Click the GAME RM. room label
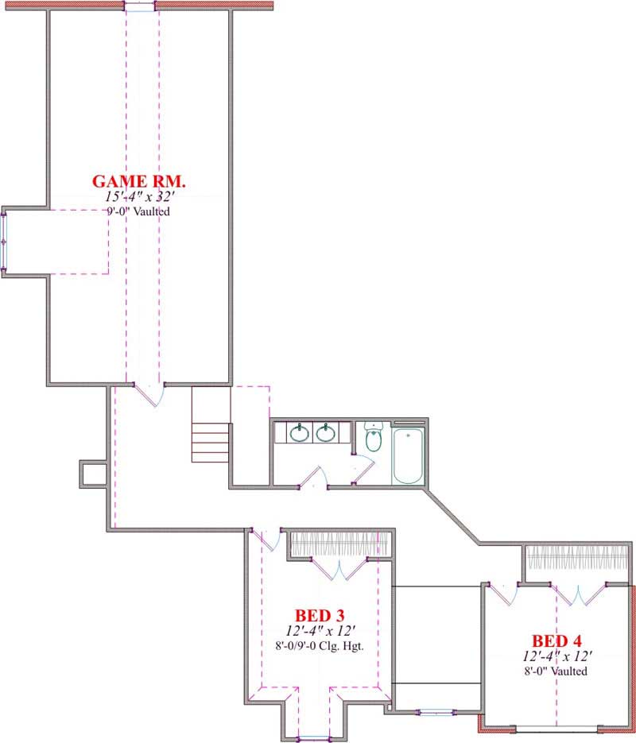point(139,181)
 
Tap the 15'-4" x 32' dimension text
point(139,197)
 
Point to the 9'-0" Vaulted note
point(139,212)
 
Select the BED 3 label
point(319,615)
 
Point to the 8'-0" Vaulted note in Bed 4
point(556,671)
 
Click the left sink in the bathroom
point(300,433)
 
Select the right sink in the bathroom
point(324,433)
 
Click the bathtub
point(408,455)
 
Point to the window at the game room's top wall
point(140,6)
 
